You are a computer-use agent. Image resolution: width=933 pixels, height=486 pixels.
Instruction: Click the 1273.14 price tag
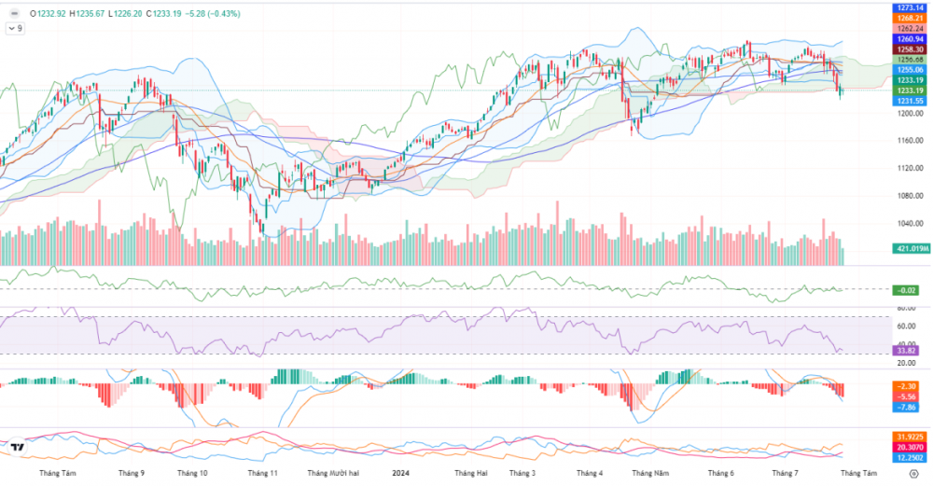tap(908, 7)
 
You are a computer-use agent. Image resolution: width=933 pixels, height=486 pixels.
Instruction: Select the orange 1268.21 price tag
tap(908, 18)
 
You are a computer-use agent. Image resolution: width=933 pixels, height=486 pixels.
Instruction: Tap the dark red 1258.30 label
tap(908, 49)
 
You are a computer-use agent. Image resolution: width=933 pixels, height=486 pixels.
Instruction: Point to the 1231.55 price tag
tap(908, 101)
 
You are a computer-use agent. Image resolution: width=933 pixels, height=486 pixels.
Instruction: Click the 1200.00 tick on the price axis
tap(907, 114)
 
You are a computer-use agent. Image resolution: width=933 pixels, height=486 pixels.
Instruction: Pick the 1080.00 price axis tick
tap(907, 196)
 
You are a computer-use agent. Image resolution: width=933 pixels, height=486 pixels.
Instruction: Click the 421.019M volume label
tap(911, 249)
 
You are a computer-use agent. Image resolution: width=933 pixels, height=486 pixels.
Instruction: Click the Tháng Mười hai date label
tap(333, 474)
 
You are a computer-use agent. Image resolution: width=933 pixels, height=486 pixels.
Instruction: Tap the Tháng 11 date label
tap(262, 474)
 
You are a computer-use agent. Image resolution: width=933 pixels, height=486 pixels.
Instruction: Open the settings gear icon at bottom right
tap(912, 474)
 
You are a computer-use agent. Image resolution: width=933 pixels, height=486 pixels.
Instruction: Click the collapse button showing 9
tap(15, 29)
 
